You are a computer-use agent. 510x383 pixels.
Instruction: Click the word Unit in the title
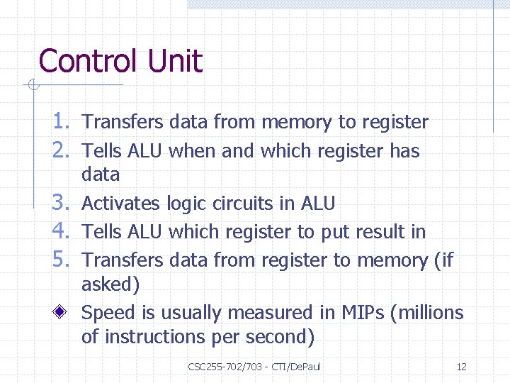pyautogui.click(x=175, y=61)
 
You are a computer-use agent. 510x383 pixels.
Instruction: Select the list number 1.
pyautogui.click(x=59, y=122)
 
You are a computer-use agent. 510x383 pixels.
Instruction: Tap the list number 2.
pyautogui.click(x=59, y=150)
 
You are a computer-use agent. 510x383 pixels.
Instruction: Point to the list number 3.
pyautogui.click(x=59, y=204)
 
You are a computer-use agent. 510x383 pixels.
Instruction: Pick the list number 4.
pyautogui.click(x=59, y=232)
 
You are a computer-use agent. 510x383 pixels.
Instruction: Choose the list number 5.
pyautogui.click(x=59, y=260)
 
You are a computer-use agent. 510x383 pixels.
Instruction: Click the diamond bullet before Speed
pyautogui.click(x=63, y=313)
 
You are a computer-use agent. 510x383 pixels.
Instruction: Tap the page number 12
pyautogui.click(x=461, y=367)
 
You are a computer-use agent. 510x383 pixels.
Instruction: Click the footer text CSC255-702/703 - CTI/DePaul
pyautogui.click(x=254, y=367)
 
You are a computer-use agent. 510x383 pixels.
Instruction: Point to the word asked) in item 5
pyautogui.click(x=110, y=285)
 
